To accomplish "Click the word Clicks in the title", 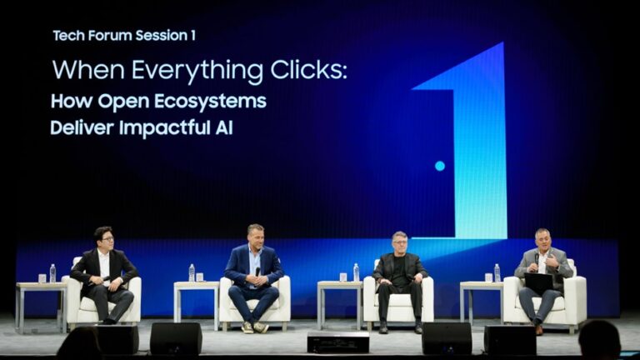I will click(313, 70).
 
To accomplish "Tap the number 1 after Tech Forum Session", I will click(192, 35).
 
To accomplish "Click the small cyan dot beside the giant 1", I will click(440, 166).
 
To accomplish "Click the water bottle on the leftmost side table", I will click(52, 273).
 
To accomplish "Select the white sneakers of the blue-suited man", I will click(253, 327).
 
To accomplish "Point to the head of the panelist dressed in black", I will click(399, 242).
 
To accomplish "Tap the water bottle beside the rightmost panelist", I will click(497, 272).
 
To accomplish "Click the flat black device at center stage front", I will click(337, 342).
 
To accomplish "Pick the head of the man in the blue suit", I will click(255, 235).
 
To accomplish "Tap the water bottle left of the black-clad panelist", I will click(356, 272).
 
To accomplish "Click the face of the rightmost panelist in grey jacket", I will click(542, 239).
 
